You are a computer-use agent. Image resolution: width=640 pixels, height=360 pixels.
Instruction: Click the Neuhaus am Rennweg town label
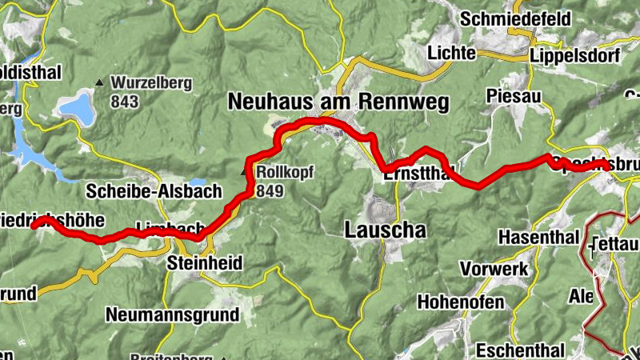[338, 102]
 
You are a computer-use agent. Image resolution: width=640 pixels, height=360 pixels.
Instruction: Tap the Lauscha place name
[385, 230]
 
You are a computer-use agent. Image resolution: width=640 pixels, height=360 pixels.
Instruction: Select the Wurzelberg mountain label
[149, 82]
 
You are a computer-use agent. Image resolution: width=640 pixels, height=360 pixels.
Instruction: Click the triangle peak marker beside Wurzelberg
[99, 82]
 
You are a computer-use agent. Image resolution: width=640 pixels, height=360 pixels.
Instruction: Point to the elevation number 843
[126, 102]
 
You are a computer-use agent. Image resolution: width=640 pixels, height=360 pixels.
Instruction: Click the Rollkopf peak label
[285, 172]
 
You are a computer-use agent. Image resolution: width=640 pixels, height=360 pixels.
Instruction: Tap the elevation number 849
[270, 190]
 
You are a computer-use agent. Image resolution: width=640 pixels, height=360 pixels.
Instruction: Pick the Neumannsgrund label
[172, 314]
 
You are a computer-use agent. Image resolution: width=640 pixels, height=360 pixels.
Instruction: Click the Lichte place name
[452, 54]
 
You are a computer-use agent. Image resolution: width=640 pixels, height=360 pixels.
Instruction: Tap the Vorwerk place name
[494, 270]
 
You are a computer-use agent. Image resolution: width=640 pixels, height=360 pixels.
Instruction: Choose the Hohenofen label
[460, 302]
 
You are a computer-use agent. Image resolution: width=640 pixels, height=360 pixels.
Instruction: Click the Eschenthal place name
[520, 350]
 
